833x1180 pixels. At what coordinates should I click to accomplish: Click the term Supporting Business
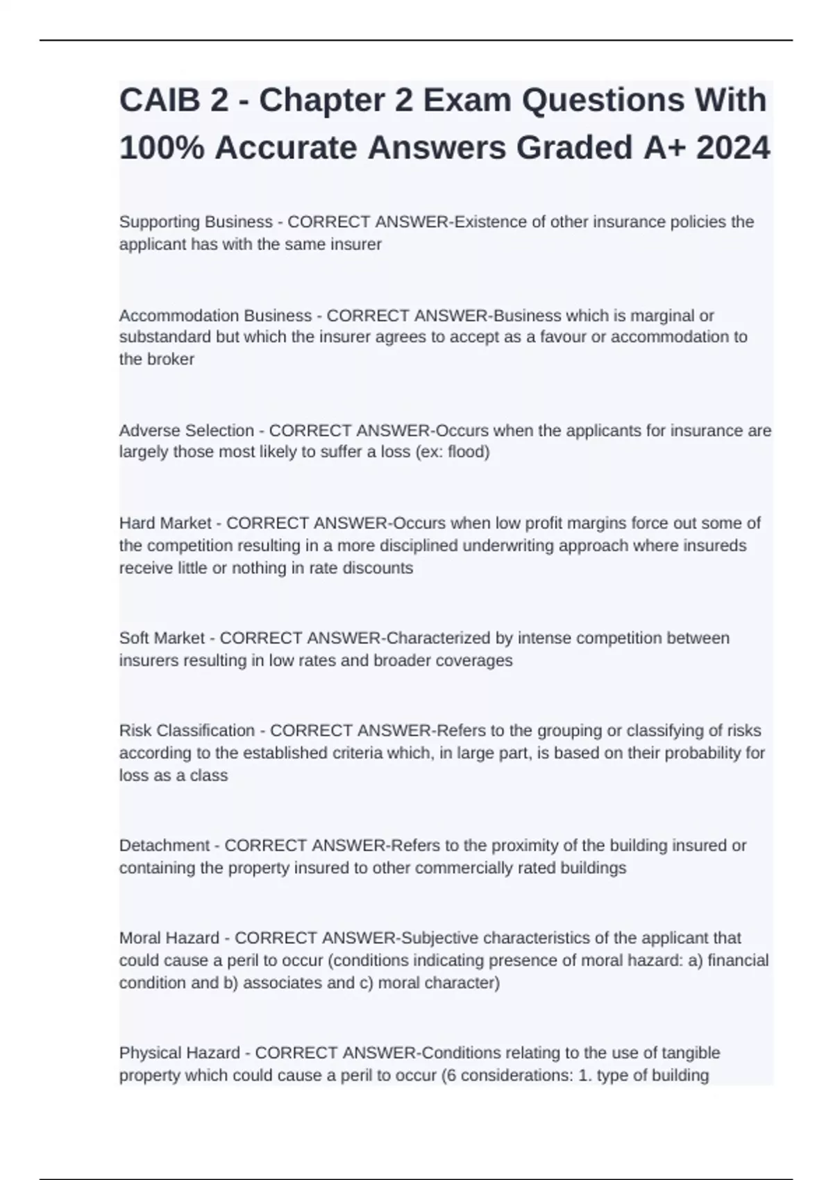[196, 222]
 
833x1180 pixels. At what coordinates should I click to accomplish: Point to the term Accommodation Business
[215, 316]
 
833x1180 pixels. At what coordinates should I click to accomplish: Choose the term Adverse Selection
[186, 431]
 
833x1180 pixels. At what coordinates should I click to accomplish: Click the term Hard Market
[165, 523]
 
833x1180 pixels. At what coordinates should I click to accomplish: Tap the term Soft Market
[162, 639]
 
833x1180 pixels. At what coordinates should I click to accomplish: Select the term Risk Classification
[187, 731]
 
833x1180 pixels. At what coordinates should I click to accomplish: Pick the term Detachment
[164, 846]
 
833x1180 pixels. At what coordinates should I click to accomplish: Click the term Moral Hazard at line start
[169, 938]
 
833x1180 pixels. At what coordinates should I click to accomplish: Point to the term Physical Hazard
[179, 1054]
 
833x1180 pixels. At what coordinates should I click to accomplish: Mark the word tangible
[689, 1054]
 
